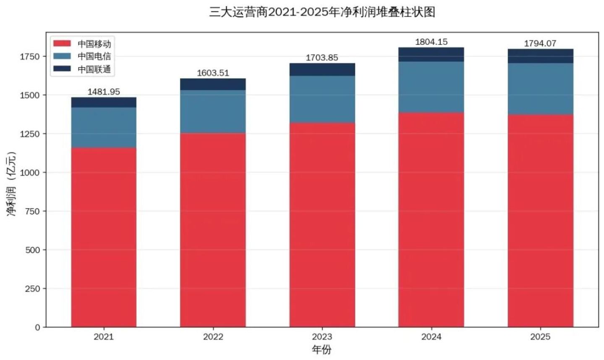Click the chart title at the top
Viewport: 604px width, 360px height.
tap(322, 12)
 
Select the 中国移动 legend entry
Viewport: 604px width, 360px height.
tap(82, 44)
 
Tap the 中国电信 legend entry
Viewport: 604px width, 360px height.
tap(82, 56)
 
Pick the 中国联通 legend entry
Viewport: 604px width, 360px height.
tap(82, 69)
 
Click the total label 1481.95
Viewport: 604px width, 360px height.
tap(104, 92)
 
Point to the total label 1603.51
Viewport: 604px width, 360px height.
tap(213, 73)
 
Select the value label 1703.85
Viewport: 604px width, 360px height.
tap(322, 58)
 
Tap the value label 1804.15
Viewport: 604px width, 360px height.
tap(431, 42)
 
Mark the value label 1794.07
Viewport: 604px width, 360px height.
tap(540, 43)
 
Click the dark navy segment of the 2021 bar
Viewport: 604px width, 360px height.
tap(104, 102)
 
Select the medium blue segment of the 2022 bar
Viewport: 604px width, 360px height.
tap(213, 111)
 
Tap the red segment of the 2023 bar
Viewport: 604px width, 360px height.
tap(322, 225)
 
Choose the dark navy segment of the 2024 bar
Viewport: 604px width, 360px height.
tap(431, 55)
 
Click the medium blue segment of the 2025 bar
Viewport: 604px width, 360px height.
tap(541, 89)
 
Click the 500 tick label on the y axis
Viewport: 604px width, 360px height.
tap(32, 250)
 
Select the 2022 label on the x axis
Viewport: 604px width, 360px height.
tap(213, 337)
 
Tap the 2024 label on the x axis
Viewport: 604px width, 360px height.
tap(431, 337)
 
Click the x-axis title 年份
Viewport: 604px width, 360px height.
tap(322, 350)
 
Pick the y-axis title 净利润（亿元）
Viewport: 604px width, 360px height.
tap(11, 184)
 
